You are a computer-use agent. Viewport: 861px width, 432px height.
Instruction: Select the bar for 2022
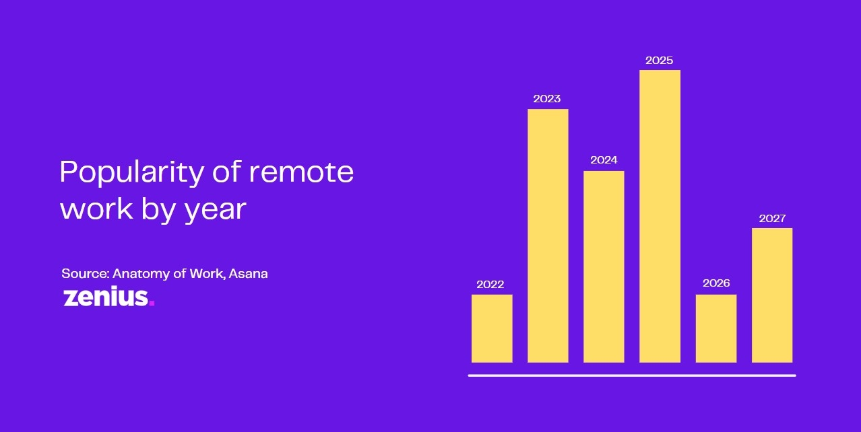(x=492, y=328)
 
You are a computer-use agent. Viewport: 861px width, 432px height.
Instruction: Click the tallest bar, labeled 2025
(x=660, y=216)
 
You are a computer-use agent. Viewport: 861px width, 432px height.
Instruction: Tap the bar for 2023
(x=548, y=236)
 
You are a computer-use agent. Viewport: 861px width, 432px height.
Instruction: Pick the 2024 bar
(x=604, y=266)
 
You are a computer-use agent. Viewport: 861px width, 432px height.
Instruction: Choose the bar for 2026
(x=716, y=328)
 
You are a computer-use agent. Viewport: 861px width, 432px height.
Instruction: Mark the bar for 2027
(x=772, y=295)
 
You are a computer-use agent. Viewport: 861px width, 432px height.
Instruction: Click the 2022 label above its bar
(x=490, y=285)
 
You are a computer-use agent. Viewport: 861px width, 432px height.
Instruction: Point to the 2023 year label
(x=546, y=99)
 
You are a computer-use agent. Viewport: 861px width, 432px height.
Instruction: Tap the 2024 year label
(x=604, y=160)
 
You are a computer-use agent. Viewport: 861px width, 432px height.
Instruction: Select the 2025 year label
(x=659, y=61)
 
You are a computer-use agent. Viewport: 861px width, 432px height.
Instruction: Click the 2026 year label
(x=716, y=283)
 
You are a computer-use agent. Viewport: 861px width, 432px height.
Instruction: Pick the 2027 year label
(x=772, y=219)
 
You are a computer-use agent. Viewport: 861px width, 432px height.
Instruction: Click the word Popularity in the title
(x=132, y=174)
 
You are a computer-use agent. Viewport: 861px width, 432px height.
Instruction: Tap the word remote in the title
(x=301, y=173)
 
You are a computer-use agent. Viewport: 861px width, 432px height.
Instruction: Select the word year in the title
(x=216, y=211)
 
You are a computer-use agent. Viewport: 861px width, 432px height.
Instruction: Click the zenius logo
(x=108, y=297)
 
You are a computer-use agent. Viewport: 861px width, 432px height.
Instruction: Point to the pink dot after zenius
(x=152, y=303)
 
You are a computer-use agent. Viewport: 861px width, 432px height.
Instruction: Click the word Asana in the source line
(x=249, y=274)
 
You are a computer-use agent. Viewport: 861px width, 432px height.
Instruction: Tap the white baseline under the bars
(x=632, y=375)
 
